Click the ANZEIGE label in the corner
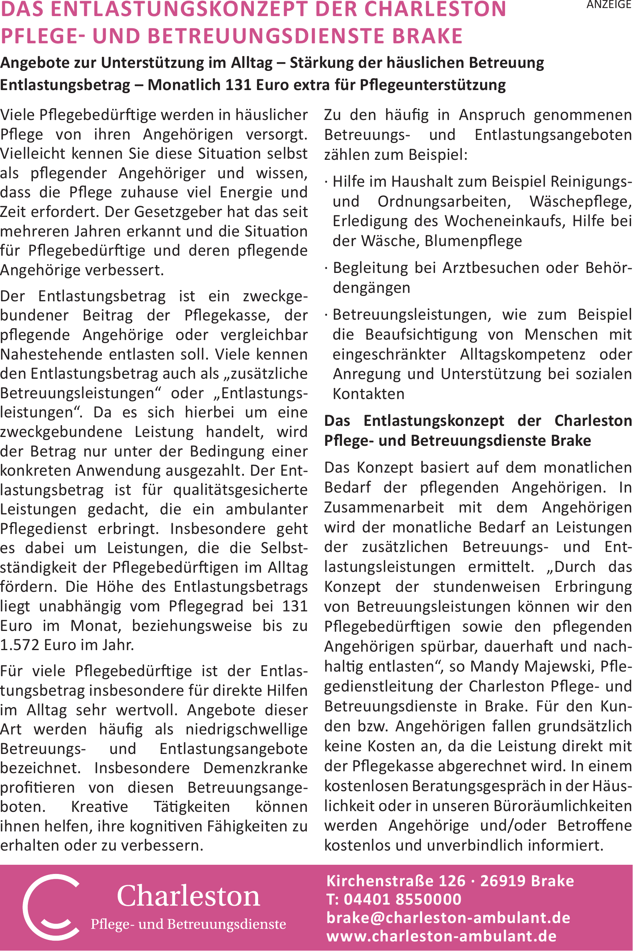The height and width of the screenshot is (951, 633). click(609, 5)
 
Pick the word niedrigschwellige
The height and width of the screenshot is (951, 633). click(246, 729)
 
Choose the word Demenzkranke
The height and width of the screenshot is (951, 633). click(255, 768)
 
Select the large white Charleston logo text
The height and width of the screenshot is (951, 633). click(188, 896)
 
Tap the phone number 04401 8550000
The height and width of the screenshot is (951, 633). click(402, 899)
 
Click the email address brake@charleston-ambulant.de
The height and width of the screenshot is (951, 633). click(448, 918)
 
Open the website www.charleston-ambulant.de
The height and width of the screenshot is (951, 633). click(441, 936)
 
